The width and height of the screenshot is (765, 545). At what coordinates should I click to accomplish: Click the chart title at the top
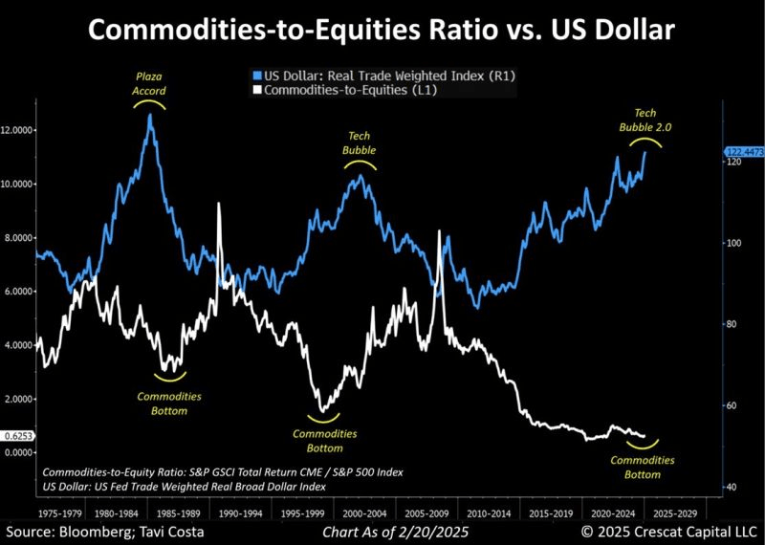tap(382, 31)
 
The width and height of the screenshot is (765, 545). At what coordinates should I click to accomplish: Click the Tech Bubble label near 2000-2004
tap(359, 143)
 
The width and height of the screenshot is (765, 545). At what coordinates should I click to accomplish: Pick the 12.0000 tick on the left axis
tap(19, 130)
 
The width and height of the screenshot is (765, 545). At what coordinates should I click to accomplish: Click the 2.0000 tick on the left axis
tap(19, 399)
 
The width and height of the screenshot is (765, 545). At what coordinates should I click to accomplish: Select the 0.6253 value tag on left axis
tap(18, 437)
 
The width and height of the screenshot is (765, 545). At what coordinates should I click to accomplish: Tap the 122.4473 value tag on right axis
tap(743, 152)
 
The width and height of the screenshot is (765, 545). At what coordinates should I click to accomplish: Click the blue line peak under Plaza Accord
tap(150, 115)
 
